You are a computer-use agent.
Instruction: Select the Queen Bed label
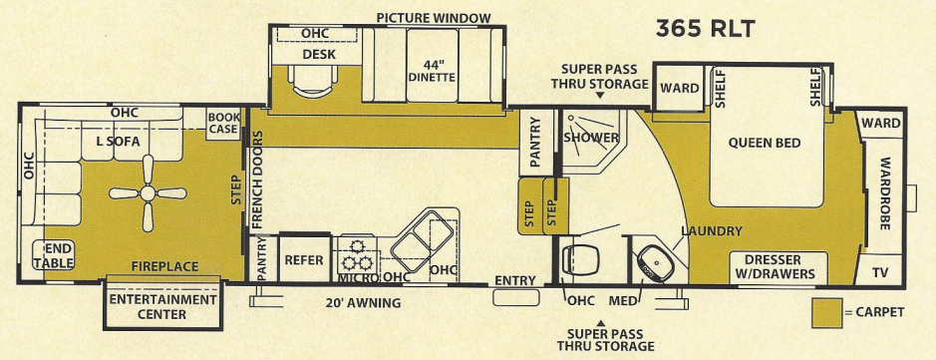tap(765, 144)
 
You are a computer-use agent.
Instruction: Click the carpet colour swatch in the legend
tap(825, 312)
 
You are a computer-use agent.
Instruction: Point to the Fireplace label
tap(164, 266)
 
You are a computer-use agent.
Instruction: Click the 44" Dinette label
tap(431, 70)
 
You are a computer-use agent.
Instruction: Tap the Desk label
tap(318, 54)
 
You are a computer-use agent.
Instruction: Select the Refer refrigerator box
tap(303, 258)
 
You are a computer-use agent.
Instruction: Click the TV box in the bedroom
tap(878, 272)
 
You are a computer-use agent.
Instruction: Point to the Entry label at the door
tap(515, 281)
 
